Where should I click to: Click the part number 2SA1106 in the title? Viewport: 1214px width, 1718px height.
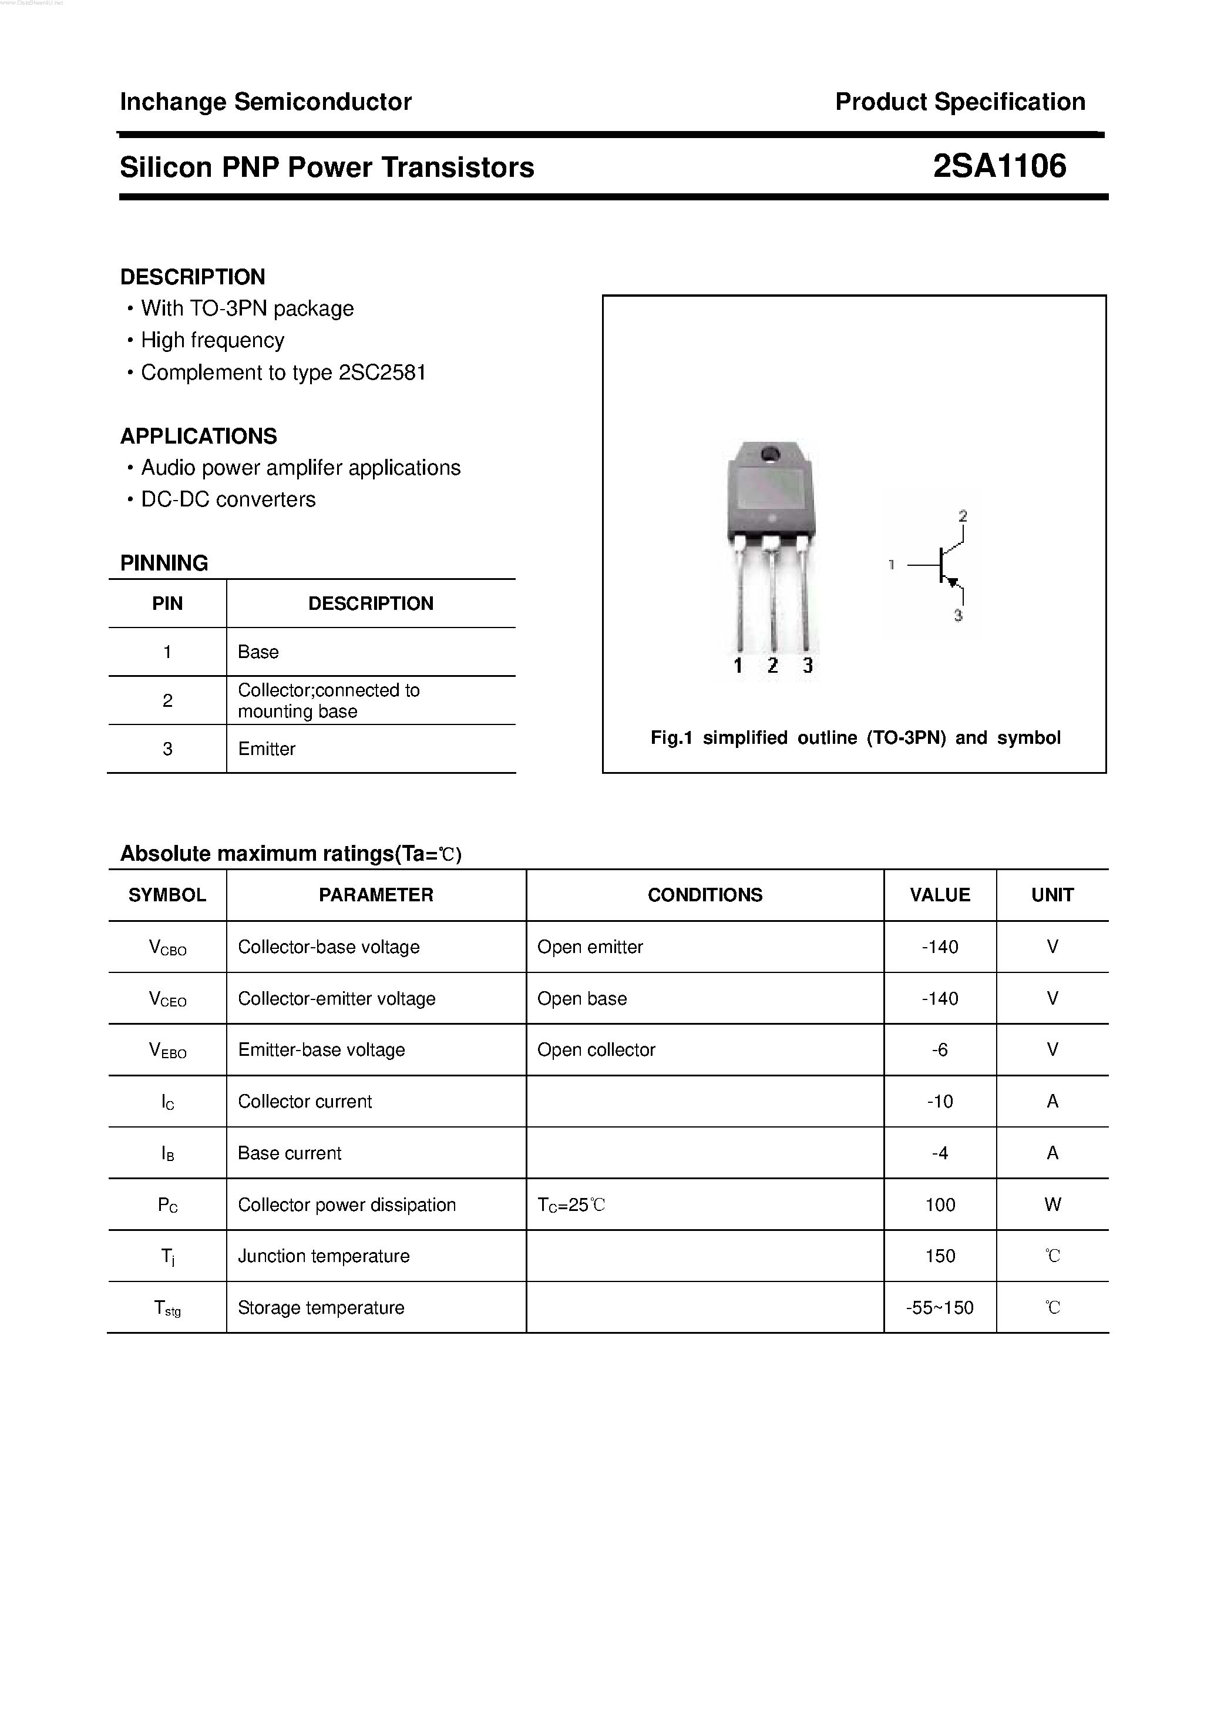999,166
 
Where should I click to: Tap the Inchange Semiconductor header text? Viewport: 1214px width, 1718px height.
265,102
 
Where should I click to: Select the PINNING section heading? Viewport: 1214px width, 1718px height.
164,563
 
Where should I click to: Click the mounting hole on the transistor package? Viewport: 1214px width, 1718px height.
770,454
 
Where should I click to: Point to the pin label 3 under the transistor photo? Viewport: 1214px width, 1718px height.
807,665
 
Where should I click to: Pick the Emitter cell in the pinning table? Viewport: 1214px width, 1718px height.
266,749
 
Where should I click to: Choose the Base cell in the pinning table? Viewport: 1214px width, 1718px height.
258,652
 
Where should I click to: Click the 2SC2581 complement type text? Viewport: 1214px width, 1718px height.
382,373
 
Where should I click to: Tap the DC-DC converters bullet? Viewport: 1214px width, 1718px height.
228,499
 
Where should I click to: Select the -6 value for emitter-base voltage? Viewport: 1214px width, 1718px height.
940,1050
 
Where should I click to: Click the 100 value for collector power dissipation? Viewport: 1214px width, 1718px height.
940,1204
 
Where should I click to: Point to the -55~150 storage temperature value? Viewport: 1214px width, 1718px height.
940,1307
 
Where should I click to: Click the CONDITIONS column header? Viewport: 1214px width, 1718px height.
705,895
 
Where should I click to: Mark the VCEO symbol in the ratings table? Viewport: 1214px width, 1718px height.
167,999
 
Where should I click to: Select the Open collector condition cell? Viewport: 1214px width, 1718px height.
596,1050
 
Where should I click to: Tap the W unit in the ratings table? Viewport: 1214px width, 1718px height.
1052,1204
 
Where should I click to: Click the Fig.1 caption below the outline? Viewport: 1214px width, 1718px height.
855,738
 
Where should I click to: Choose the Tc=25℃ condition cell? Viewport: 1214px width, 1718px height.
571,1204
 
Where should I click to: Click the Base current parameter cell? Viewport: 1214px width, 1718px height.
290,1153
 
